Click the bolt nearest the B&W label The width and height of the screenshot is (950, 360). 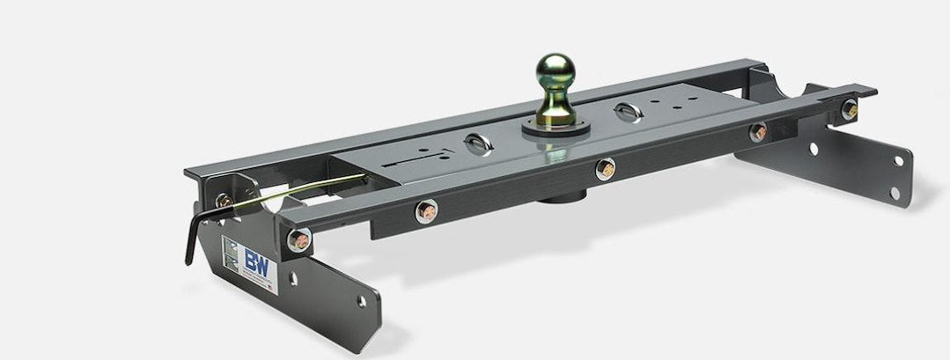tap(300, 239)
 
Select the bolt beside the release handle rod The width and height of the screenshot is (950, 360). tap(225, 201)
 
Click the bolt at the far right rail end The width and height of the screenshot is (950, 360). tap(849, 110)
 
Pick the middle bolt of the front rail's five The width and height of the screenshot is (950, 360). tap(605, 169)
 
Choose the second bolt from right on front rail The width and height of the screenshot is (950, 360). tap(757, 133)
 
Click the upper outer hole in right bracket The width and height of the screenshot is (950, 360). tap(898, 162)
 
